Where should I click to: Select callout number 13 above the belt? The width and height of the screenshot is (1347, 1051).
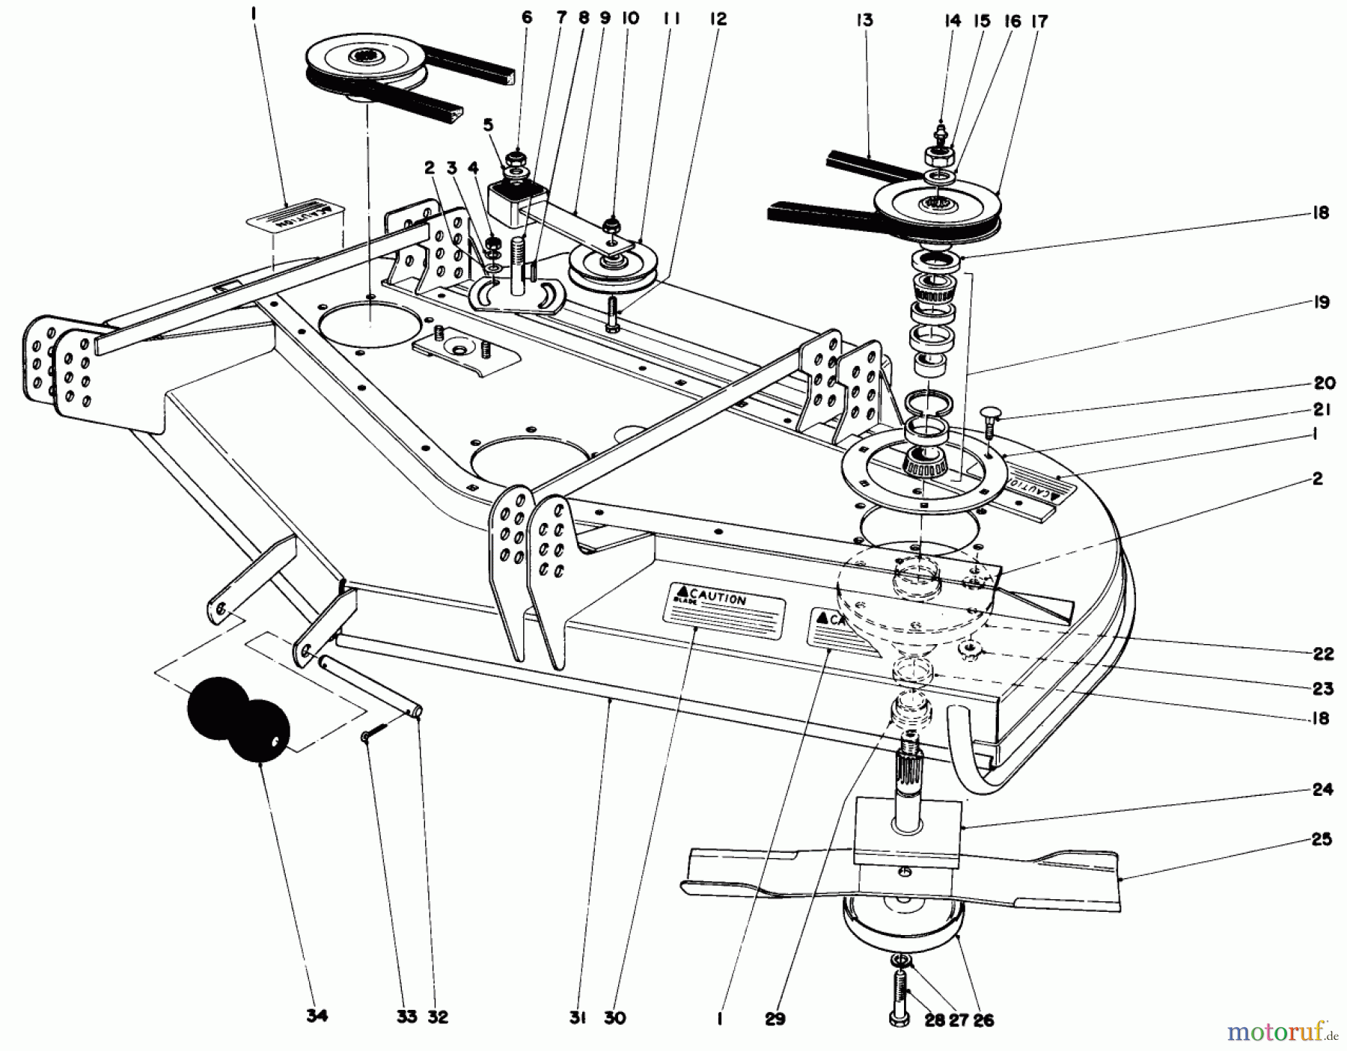pos(864,20)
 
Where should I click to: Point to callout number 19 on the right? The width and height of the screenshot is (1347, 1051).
pos(1320,302)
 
